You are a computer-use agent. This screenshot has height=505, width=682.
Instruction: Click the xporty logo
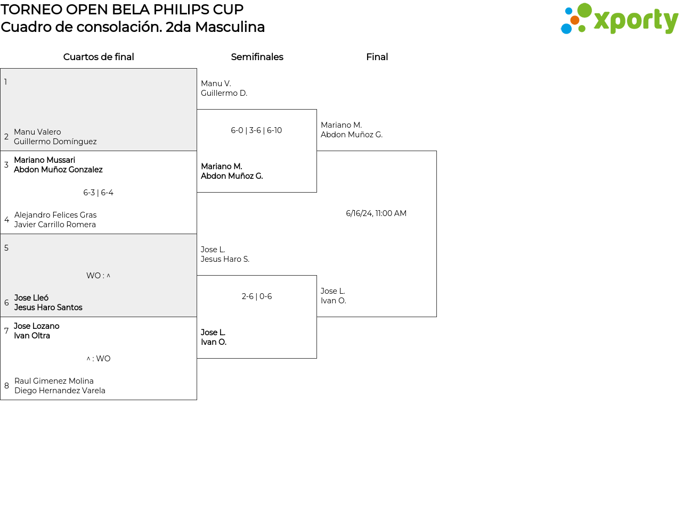coord(619,19)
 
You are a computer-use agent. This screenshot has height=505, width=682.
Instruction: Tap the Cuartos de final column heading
coord(99,57)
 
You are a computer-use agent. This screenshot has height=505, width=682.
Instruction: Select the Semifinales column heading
coord(257,57)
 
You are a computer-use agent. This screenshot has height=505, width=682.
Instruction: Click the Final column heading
coord(377,57)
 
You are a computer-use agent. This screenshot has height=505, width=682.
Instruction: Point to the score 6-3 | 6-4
coord(98,193)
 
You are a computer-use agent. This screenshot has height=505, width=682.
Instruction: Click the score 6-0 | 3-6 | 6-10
coord(256,130)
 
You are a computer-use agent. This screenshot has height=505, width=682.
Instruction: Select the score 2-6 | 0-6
coord(257,296)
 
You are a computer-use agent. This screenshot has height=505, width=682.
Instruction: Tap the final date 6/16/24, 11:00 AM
coord(376,213)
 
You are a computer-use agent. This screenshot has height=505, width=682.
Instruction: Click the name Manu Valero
coord(37,132)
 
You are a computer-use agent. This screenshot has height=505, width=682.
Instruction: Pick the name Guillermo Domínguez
coord(55,142)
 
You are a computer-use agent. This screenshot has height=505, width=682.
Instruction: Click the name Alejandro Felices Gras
coord(55,215)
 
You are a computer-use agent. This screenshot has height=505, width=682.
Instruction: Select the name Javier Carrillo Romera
coord(55,225)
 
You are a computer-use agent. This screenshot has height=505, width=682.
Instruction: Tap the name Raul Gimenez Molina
coord(54,381)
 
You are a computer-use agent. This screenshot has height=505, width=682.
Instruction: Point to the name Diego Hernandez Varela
coord(60,391)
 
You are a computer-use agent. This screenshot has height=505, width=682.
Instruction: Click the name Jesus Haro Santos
coord(48,308)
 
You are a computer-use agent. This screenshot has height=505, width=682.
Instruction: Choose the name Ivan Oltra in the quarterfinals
coord(32,336)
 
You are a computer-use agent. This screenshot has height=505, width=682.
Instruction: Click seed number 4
coord(6,220)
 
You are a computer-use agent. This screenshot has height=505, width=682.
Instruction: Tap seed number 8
coord(6,386)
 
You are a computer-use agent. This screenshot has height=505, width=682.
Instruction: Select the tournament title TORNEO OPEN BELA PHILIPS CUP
coord(122,10)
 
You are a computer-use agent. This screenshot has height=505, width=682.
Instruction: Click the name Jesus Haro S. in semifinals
coord(225,259)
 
